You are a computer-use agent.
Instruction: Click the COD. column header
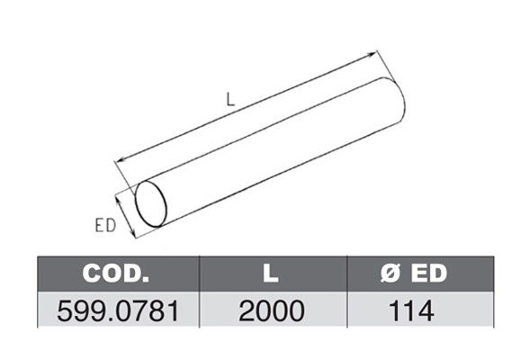click(116, 273)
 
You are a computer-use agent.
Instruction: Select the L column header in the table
click(271, 273)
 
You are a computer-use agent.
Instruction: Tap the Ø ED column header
click(414, 273)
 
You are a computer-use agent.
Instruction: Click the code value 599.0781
click(118, 311)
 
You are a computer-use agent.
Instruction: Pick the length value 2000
click(272, 311)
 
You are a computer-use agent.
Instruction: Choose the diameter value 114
click(411, 311)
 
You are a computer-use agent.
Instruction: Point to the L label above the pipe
click(230, 100)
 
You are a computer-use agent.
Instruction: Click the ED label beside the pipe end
click(105, 225)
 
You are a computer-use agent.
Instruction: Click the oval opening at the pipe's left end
click(166, 203)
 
